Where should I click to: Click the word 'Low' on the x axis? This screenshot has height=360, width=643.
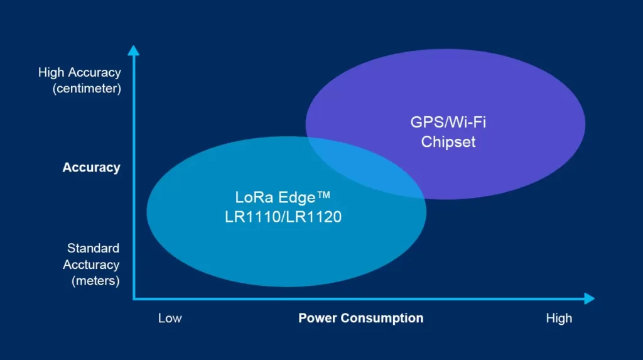click(170, 318)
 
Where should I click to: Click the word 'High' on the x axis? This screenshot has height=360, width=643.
click(559, 318)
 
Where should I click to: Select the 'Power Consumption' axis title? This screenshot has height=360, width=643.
click(360, 318)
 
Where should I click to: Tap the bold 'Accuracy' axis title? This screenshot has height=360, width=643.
click(91, 168)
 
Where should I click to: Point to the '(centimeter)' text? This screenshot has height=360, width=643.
click(87, 89)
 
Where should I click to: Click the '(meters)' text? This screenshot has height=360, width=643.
click(95, 281)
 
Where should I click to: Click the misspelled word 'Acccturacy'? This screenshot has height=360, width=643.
click(91, 265)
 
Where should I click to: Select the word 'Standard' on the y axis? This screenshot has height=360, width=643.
click(93, 248)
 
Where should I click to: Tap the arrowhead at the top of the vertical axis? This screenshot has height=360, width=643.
click(133, 50)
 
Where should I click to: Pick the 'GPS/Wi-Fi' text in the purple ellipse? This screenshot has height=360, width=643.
click(448, 122)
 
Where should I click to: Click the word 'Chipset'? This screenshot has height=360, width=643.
click(448, 141)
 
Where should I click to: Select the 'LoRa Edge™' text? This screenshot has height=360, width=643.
click(282, 197)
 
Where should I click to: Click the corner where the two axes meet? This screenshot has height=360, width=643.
click(134, 298)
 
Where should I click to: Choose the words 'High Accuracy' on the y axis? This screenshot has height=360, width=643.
click(79, 72)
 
